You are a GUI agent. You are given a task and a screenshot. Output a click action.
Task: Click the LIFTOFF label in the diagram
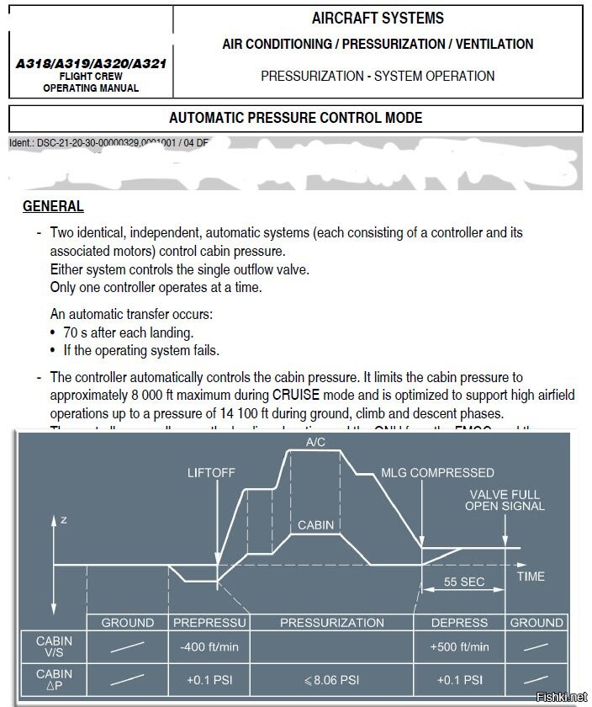tap(211, 473)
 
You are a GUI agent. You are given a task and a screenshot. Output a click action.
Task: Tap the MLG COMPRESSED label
tap(437, 473)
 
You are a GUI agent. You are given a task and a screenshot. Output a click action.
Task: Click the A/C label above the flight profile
tap(316, 442)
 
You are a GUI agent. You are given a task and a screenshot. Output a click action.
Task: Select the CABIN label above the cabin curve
tap(315, 525)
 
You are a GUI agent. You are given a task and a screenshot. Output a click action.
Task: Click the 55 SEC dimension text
tap(463, 582)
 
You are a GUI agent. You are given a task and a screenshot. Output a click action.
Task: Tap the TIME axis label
tap(531, 577)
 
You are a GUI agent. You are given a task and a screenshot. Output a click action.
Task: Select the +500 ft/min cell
tap(459, 647)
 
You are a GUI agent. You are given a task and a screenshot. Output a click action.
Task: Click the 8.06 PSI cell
tap(331, 680)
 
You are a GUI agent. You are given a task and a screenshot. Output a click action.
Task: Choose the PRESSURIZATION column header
tap(331, 623)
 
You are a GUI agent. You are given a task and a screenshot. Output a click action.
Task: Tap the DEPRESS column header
tap(459, 623)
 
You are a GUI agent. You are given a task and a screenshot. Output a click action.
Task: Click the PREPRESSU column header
tap(209, 623)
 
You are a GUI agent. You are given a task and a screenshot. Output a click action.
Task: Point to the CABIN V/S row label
tap(54, 646)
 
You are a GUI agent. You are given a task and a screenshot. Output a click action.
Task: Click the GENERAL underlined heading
tap(52, 206)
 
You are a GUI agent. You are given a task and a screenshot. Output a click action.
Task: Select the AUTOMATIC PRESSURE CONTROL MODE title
tap(295, 118)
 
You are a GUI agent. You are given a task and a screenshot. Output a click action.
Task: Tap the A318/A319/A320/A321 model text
tap(90, 63)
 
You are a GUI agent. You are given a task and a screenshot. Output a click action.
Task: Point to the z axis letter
tap(64, 520)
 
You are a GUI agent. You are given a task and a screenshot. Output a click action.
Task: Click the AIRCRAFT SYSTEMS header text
tap(378, 18)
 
